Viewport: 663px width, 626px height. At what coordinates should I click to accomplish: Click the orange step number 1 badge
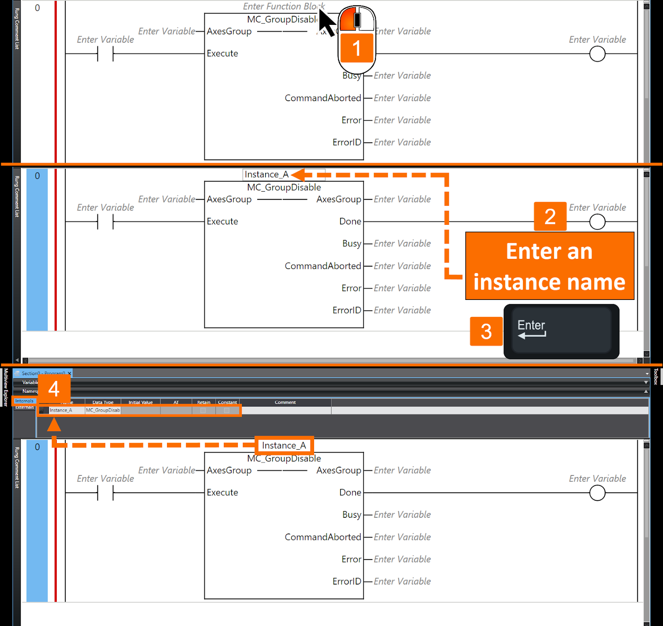tap(356, 48)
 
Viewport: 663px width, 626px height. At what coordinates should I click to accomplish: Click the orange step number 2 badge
tap(550, 216)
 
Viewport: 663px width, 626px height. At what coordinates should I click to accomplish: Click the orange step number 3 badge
tap(486, 331)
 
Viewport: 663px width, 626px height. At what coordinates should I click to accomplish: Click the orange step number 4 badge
tap(54, 389)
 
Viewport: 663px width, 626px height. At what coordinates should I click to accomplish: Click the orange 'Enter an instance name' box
tap(549, 266)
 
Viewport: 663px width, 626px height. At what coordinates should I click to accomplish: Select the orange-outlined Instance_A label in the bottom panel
tap(284, 446)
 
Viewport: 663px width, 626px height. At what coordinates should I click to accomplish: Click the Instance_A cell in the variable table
tap(61, 410)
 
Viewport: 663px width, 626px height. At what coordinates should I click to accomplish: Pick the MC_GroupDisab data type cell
tap(103, 410)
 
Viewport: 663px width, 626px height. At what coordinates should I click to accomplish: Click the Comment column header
tap(285, 402)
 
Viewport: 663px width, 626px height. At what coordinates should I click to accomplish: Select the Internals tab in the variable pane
tap(24, 401)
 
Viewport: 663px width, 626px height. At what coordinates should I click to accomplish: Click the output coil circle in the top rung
tap(597, 54)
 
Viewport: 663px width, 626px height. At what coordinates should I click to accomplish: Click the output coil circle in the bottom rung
tap(597, 493)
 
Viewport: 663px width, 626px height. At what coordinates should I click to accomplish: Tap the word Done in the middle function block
tap(350, 222)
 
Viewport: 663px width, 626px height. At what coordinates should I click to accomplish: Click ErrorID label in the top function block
tap(346, 142)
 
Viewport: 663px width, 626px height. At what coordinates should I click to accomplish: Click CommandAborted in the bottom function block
tap(323, 537)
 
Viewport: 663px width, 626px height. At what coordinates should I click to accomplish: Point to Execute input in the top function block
tap(223, 54)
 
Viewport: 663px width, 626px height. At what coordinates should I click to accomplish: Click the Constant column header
tap(227, 402)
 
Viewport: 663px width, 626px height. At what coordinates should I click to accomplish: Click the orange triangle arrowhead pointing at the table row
tap(54, 425)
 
